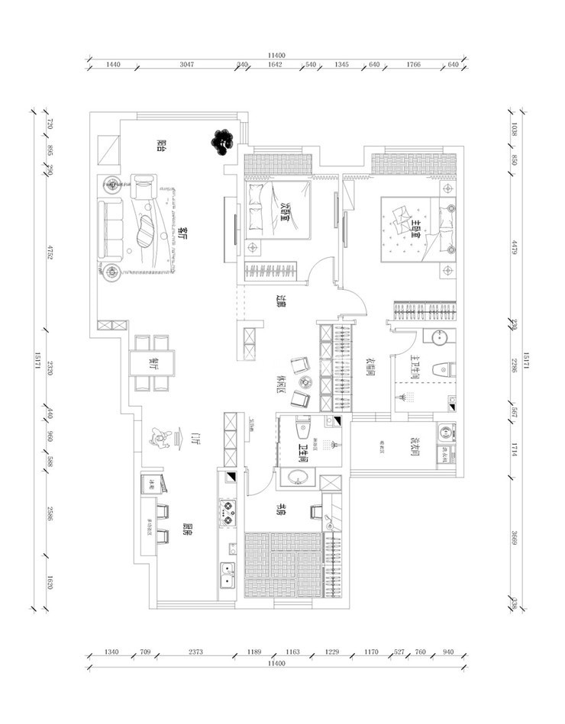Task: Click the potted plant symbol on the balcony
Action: [222, 140]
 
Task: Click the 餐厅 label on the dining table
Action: [153, 363]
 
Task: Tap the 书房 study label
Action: [281, 510]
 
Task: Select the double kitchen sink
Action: [227, 576]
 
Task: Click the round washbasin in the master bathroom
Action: [440, 338]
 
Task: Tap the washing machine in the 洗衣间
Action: [444, 434]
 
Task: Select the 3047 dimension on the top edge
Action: [186, 66]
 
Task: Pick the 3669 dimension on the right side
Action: [515, 539]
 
